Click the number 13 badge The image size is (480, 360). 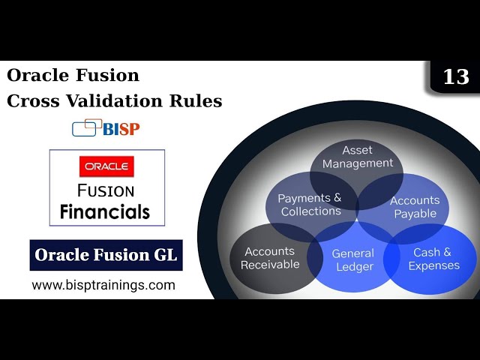pyautogui.click(x=456, y=77)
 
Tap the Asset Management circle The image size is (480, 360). pyautogui.click(x=358, y=156)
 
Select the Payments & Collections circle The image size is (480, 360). pyautogui.click(x=310, y=205)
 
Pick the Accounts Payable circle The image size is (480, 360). pyautogui.click(x=414, y=206)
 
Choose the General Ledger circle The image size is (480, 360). pyautogui.click(x=352, y=259)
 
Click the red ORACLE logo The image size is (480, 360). pyautogui.click(x=106, y=165)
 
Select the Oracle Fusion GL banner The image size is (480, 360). pyautogui.click(x=106, y=255)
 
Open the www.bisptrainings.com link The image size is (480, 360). pyautogui.click(x=103, y=285)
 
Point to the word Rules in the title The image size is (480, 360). pyautogui.click(x=200, y=100)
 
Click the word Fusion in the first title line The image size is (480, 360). pyautogui.click(x=109, y=76)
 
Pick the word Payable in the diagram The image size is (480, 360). pyautogui.click(x=415, y=213)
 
